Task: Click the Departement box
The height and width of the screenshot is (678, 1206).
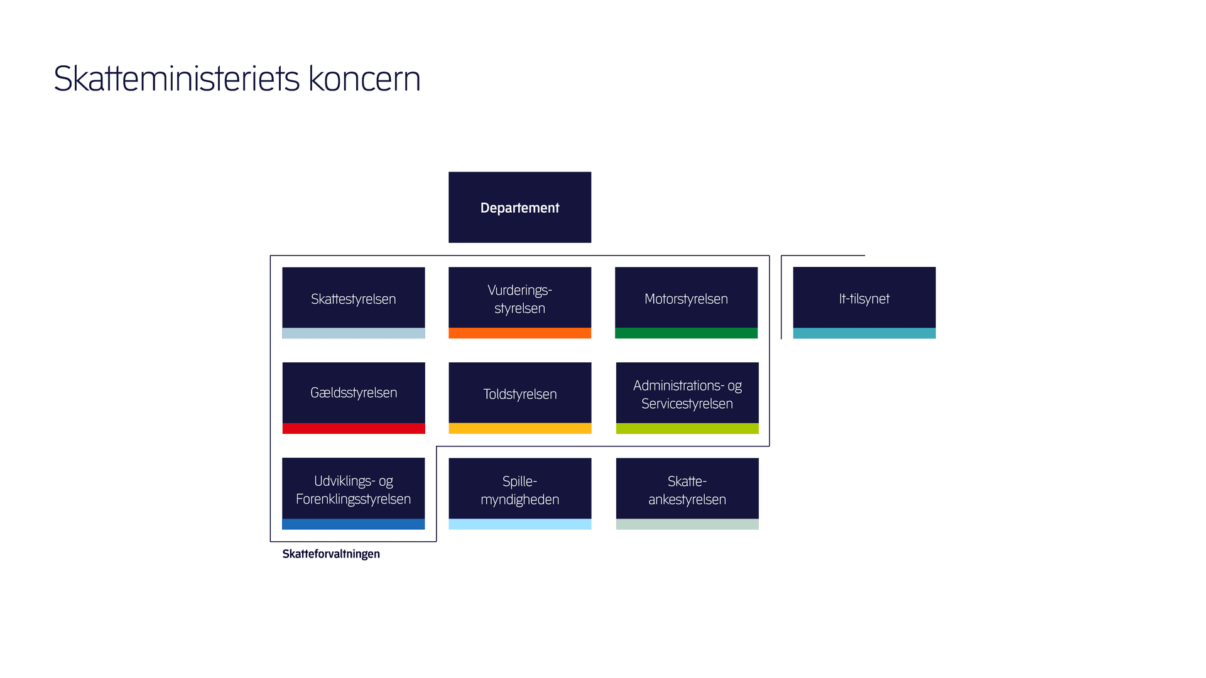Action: pyautogui.click(x=519, y=208)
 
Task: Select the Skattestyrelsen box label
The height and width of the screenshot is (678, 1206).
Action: pyautogui.click(x=353, y=299)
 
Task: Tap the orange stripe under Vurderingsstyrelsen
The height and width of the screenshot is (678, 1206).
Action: pyautogui.click(x=519, y=333)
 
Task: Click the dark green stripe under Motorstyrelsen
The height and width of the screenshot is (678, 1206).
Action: pyautogui.click(x=686, y=333)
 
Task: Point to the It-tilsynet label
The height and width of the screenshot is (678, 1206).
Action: pyautogui.click(x=864, y=299)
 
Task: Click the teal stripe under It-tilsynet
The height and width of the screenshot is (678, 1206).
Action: pyautogui.click(x=864, y=333)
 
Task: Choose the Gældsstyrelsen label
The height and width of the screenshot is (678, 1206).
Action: pyautogui.click(x=353, y=393)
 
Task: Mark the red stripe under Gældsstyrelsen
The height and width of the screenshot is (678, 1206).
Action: pyautogui.click(x=353, y=429)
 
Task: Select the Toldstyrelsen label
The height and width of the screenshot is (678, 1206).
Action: pyautogui.click(x=519, y=394)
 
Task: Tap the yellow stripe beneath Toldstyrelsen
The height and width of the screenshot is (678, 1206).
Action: pyautogui.click(x=519, y=429)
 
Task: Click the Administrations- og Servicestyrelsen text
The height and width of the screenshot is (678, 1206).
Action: pyautogui.click(x=687, y=395)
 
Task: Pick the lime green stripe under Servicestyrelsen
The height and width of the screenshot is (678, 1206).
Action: pyautogui.click(x=687, y=429)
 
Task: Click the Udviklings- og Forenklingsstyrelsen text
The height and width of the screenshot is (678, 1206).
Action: pyautogui.click(x=353, y=490)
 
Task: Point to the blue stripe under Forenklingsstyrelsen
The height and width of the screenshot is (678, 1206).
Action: pyautogui.click(x=353, y=524)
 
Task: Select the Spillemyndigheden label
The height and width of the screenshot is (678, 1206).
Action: pyautogui.click(x=519, y=490)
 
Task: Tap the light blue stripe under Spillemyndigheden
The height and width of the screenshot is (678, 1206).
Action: pyautogui.click(x=519, y=524)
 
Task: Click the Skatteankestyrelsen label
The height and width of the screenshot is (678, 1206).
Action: pyautogui.click(x=687, y=490)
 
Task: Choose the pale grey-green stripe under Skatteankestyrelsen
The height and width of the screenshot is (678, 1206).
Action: pyautogui.click(x=687, y=524)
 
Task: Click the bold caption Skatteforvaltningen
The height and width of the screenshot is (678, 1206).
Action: pyautogui.click(x=331, y=554)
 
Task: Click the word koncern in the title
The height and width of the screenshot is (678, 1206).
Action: pyautogui.click(x=364, y=79)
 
